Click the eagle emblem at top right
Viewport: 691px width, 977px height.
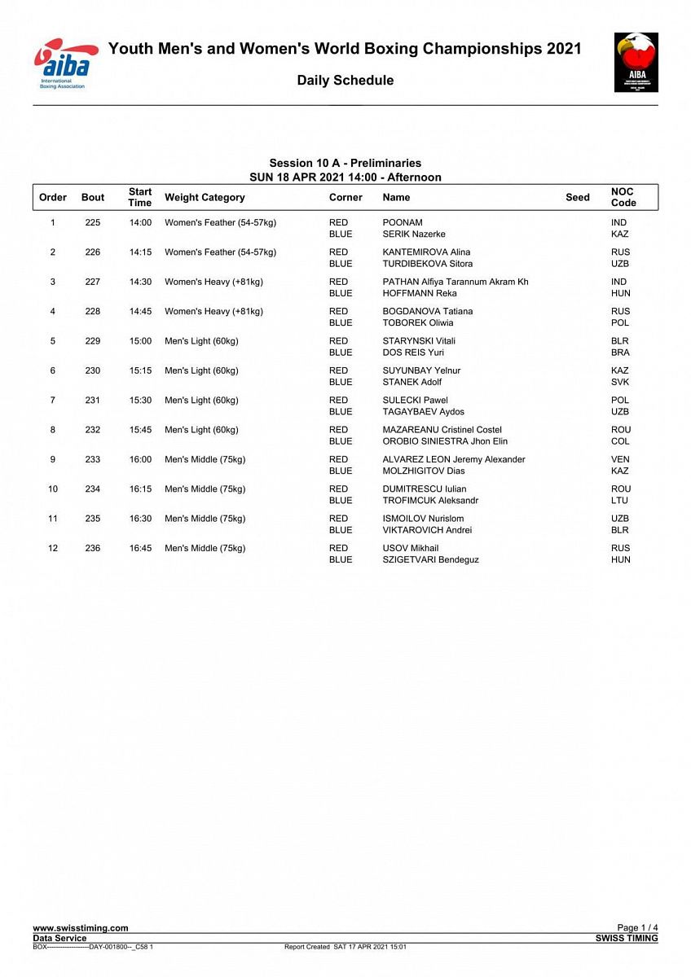636,63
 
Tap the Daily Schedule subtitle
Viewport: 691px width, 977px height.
345,81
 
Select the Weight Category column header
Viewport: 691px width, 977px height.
205,197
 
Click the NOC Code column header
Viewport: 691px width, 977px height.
623,197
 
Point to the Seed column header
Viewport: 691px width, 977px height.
577,197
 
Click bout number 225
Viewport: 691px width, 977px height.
93,222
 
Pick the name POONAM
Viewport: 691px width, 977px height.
403,222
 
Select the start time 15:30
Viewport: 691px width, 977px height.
140,400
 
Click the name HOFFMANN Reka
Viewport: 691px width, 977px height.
420,293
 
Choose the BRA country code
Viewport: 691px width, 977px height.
620,353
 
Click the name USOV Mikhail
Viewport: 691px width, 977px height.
411,548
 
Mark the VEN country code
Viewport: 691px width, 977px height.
620,459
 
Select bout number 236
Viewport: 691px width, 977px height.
93,548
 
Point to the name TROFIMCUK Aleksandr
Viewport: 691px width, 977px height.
430,501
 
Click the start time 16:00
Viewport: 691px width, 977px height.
140,459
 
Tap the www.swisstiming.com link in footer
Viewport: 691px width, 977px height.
81,928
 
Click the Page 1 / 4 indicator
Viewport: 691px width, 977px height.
637,928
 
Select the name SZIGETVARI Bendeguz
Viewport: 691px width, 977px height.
430,559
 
